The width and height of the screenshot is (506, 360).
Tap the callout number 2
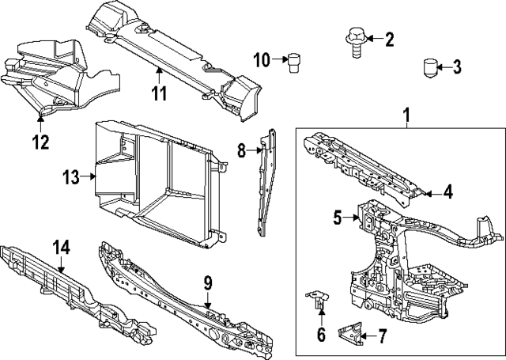coord(388,39)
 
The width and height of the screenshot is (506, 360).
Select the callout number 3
coord(457,67)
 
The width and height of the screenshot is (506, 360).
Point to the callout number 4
coord(447,191)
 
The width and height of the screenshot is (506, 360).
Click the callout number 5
coord(337,217)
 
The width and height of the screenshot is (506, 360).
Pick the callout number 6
coord(321,334)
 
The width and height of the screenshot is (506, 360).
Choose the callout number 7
coord(382,336)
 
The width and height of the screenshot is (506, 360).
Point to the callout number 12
coord(40,142)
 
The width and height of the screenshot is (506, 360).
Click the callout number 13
coord(72,177)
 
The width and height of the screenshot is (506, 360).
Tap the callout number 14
coord(61,248)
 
